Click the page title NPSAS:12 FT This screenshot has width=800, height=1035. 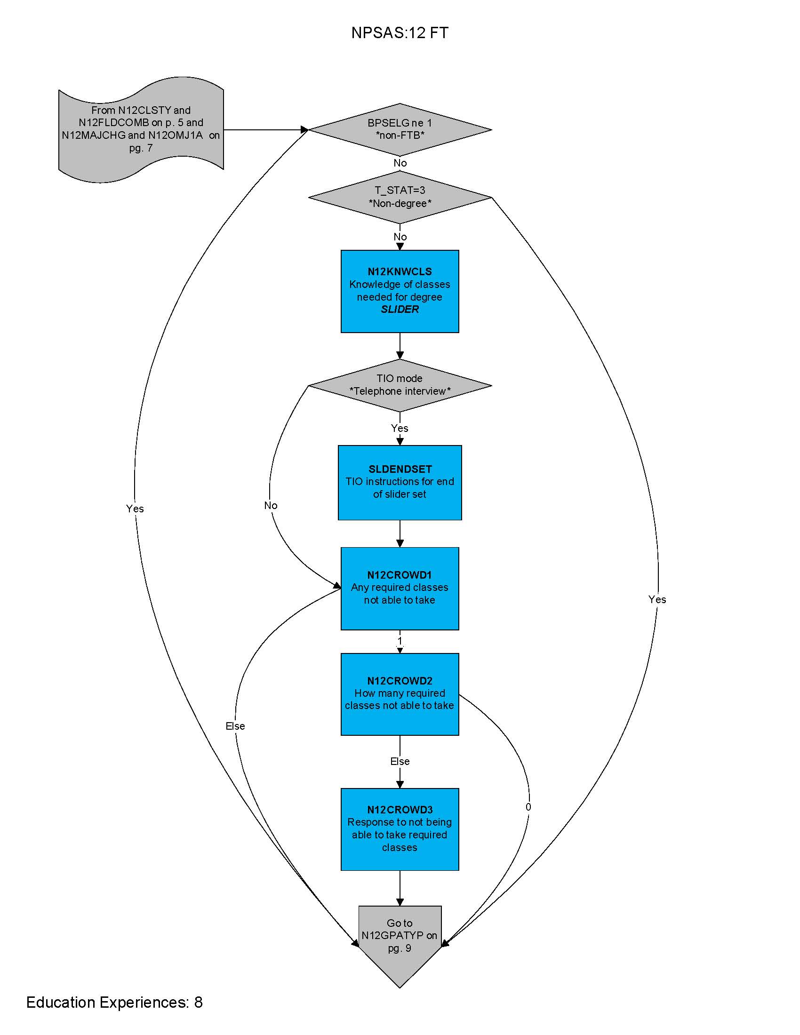[400, 33]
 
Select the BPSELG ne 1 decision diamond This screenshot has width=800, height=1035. [400, 129]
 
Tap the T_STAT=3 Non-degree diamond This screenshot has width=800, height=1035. [400, 197]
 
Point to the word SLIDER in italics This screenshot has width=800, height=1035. [400, 310]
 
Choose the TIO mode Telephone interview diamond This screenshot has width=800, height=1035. [400, 385]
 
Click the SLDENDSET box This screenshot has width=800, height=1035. [400, 482]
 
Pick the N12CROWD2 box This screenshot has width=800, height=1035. [400, 694]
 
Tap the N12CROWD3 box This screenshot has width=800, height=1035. [400, 829]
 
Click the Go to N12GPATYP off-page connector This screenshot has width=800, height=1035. [400, 941]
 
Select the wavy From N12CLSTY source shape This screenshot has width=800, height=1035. [141, 129]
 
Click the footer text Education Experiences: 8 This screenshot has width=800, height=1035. [114, 1002]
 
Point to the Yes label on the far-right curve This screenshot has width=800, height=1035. [657, 599]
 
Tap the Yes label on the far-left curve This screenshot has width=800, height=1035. [135, 509]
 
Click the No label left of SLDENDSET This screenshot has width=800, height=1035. [271, 506]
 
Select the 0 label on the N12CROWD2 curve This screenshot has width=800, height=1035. [528, 807]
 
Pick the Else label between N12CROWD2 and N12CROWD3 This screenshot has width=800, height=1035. [400, 762]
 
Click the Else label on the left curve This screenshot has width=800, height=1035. [235, 726]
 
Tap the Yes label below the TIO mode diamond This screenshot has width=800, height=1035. [400, 429]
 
